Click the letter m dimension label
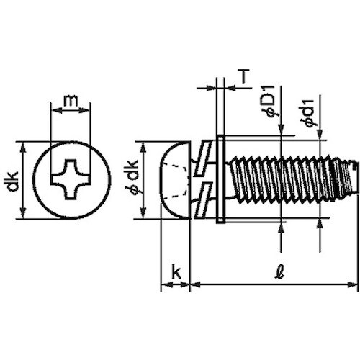tap(69, 102)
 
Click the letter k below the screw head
tap(175, 272)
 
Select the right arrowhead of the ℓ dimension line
tap(353, 285)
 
